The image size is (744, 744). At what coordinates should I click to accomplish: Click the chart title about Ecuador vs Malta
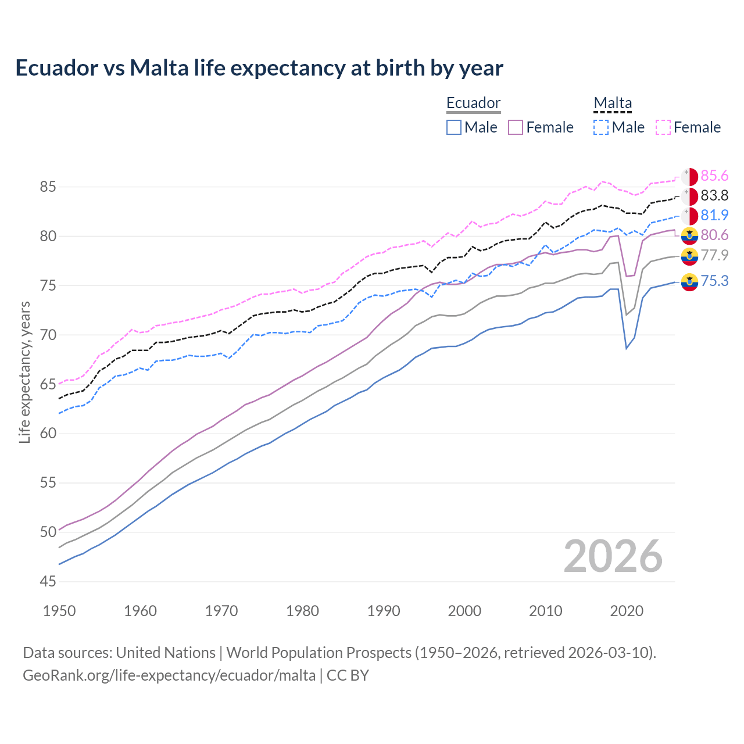click(x=259, y=68)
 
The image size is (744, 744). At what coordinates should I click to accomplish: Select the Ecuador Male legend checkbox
click(x=454, y=127)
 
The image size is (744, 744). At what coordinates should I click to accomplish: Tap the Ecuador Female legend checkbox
click(x=516, y=127)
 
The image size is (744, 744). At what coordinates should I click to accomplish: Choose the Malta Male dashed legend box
click(x=601, y=127)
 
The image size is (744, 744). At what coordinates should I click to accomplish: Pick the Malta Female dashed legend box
click(x=663, y=127)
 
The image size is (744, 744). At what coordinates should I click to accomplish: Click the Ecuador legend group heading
click(x=473, y=103)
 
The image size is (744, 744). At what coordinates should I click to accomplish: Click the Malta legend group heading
click(x=613, y=103)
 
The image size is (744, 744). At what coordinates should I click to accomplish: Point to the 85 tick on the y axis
click(x=48, y=187)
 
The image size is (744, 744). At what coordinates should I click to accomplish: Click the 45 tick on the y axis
click(x=48, y=581)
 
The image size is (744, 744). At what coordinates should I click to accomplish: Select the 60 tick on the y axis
click(x=48, y=434)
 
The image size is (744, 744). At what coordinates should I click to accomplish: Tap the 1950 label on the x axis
click(x=60, y=611)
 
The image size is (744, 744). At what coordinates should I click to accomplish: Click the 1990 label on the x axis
click(x=384, y=611)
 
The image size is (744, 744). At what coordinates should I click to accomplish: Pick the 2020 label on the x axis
click(x=627, y=611)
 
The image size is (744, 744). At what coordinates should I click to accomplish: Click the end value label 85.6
click(x=714, y=176)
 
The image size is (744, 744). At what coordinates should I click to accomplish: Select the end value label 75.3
click(x=714, y=281)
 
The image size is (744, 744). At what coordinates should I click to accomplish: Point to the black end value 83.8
click(x=714, y=196)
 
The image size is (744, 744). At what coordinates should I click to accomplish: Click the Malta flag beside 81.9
click(x=689, y=216)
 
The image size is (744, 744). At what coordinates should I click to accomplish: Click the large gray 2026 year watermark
click(x=613, y=556)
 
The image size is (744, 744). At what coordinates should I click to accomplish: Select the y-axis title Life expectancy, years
click(x=25, y=372)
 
